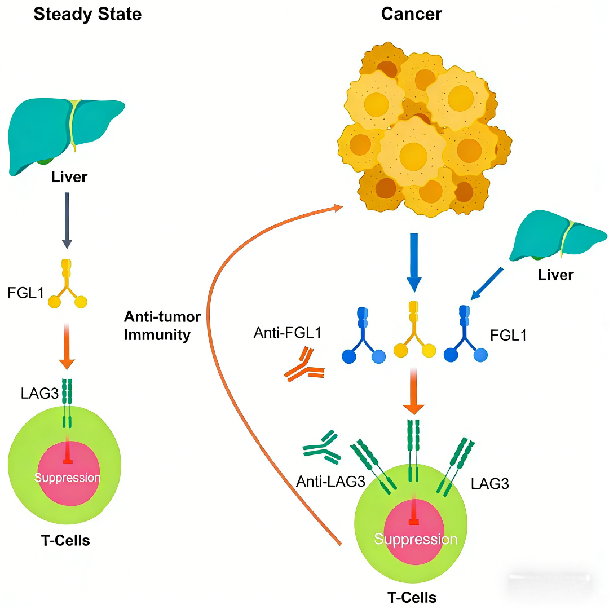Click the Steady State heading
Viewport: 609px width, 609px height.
point(87,14)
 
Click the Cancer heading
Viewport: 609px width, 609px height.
point(411,14)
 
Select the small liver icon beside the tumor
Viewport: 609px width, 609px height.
point(557,235)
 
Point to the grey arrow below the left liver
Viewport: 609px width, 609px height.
point(67,220)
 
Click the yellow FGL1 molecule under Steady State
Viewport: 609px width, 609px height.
point(67,284)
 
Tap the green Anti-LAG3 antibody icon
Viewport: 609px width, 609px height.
point(322,447)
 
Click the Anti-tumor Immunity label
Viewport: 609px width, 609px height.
point(162,325)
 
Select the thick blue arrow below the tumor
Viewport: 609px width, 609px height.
point(414,262)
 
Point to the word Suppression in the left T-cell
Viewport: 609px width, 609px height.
point(67,478)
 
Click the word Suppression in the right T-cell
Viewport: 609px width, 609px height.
point(416,539)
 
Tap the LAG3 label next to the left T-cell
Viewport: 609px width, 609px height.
point(39,394)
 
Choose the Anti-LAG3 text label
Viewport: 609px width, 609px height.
point(330,482)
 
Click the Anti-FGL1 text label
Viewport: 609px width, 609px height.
point(288,333)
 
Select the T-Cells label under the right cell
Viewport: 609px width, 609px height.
point(412,597)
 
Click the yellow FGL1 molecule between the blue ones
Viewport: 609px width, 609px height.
point(414,329)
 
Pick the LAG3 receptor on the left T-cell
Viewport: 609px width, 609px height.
point(67,403)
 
